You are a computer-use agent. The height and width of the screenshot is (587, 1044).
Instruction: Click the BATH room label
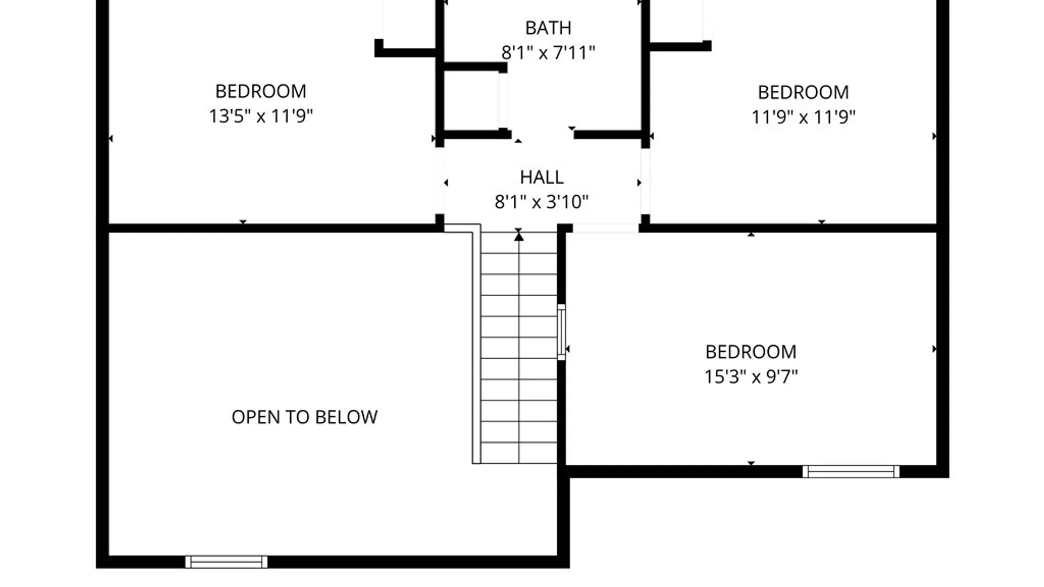coord(548,28)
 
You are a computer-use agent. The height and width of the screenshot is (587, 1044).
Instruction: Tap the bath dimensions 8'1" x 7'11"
coord(548,53)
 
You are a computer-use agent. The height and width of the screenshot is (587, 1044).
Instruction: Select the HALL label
coord(542,177)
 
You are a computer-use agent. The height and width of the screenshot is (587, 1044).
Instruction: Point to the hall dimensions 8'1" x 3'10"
coord(542,202)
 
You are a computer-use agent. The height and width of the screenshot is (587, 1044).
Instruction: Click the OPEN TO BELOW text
coord(304,417)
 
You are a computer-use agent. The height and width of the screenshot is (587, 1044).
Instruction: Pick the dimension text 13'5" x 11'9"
coord(261,116)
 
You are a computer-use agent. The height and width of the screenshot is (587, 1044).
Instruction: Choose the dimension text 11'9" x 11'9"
coord(804,117)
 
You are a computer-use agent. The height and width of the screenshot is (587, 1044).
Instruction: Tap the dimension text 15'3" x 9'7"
coord(751,377)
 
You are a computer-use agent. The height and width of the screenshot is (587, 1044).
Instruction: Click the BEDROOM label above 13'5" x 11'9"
coord(261,91)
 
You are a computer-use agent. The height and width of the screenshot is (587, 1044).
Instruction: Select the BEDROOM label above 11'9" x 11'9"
coord(804,92)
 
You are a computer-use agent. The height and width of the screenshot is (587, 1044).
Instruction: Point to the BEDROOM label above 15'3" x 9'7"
coord(751,352)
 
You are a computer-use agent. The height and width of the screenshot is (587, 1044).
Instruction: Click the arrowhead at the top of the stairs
coord(519,236)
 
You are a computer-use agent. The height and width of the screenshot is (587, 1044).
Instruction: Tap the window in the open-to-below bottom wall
coord(226,562)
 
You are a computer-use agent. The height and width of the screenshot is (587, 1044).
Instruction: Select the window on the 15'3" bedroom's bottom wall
coord(851,472)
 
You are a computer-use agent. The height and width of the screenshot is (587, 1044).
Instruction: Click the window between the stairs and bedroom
coord(561,332)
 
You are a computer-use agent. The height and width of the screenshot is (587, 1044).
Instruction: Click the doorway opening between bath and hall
coord(543,134)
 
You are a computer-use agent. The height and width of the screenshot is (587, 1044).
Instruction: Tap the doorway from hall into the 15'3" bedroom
coord(606,228)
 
